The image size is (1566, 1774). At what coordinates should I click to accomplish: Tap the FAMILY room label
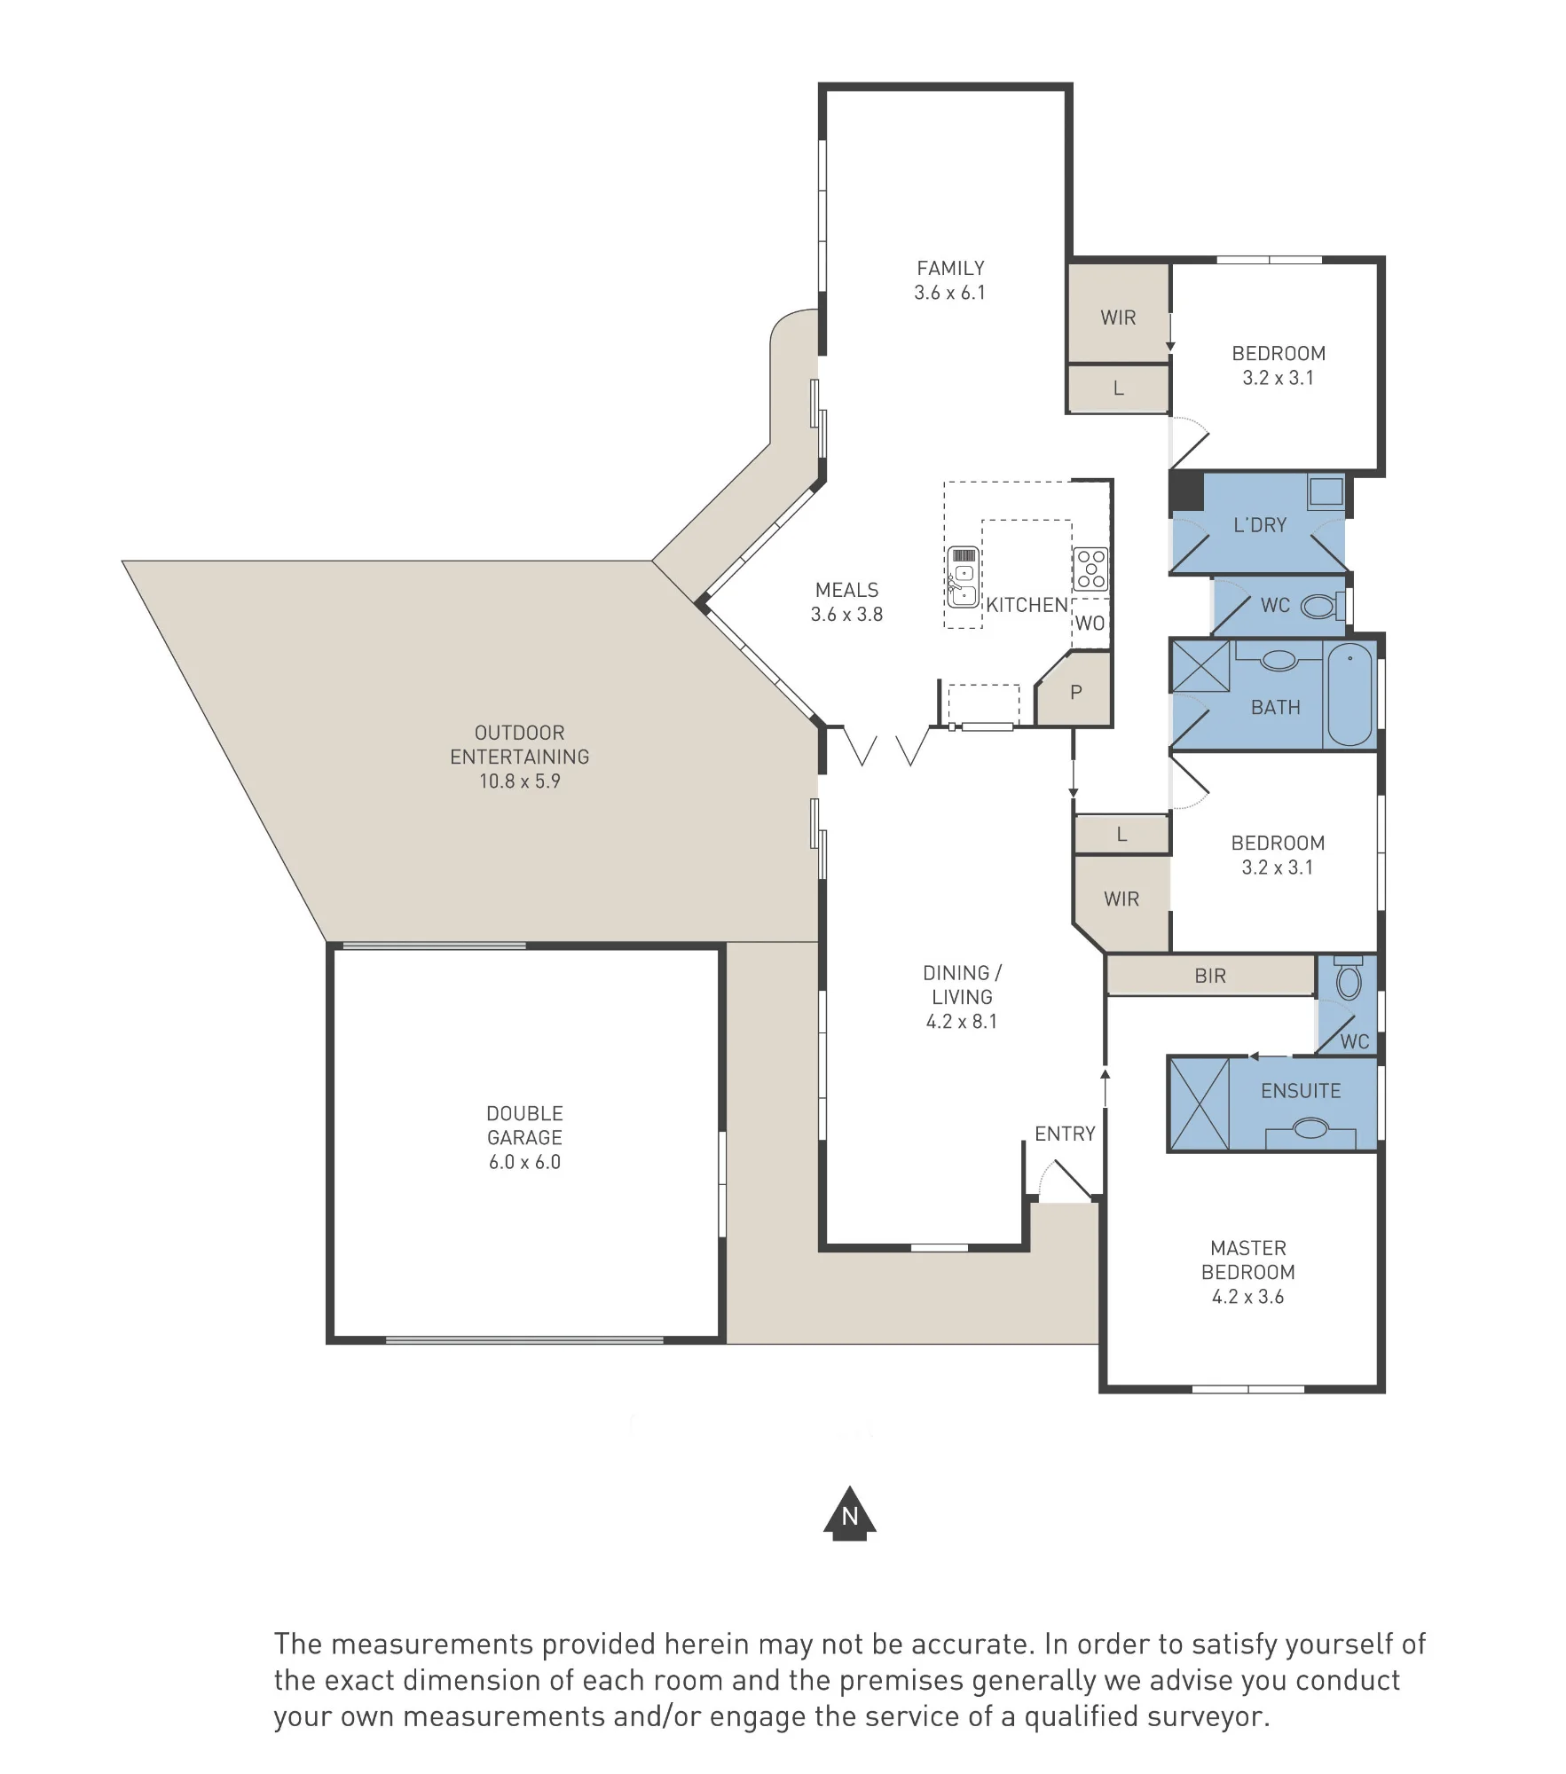[950, 268]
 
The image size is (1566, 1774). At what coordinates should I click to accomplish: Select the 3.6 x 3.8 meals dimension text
[846, 614]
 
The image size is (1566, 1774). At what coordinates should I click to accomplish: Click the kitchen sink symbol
[963, 577]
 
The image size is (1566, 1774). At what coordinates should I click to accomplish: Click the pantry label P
[1076, 692]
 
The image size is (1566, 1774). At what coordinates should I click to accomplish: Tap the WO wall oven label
[1090, 623]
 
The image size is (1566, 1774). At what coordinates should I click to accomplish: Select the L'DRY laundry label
[1260, 525]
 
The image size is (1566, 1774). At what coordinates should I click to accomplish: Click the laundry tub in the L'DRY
[1326, 491]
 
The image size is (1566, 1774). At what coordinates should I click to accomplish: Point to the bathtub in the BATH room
[1349, 695]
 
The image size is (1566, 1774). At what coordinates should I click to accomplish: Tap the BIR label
[1210, 976]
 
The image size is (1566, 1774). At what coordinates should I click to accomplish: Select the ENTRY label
[1065, 1134]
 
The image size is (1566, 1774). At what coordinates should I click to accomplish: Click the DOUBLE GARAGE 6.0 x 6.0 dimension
[524, 1162]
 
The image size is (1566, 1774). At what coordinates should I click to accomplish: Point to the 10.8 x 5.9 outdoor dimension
[520, 781]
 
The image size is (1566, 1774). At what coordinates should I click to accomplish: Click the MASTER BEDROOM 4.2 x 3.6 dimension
[1248, 1297]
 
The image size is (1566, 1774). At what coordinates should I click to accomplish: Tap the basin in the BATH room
[1279, 660]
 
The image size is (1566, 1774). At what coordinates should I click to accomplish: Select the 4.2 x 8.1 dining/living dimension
[962, 1022]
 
